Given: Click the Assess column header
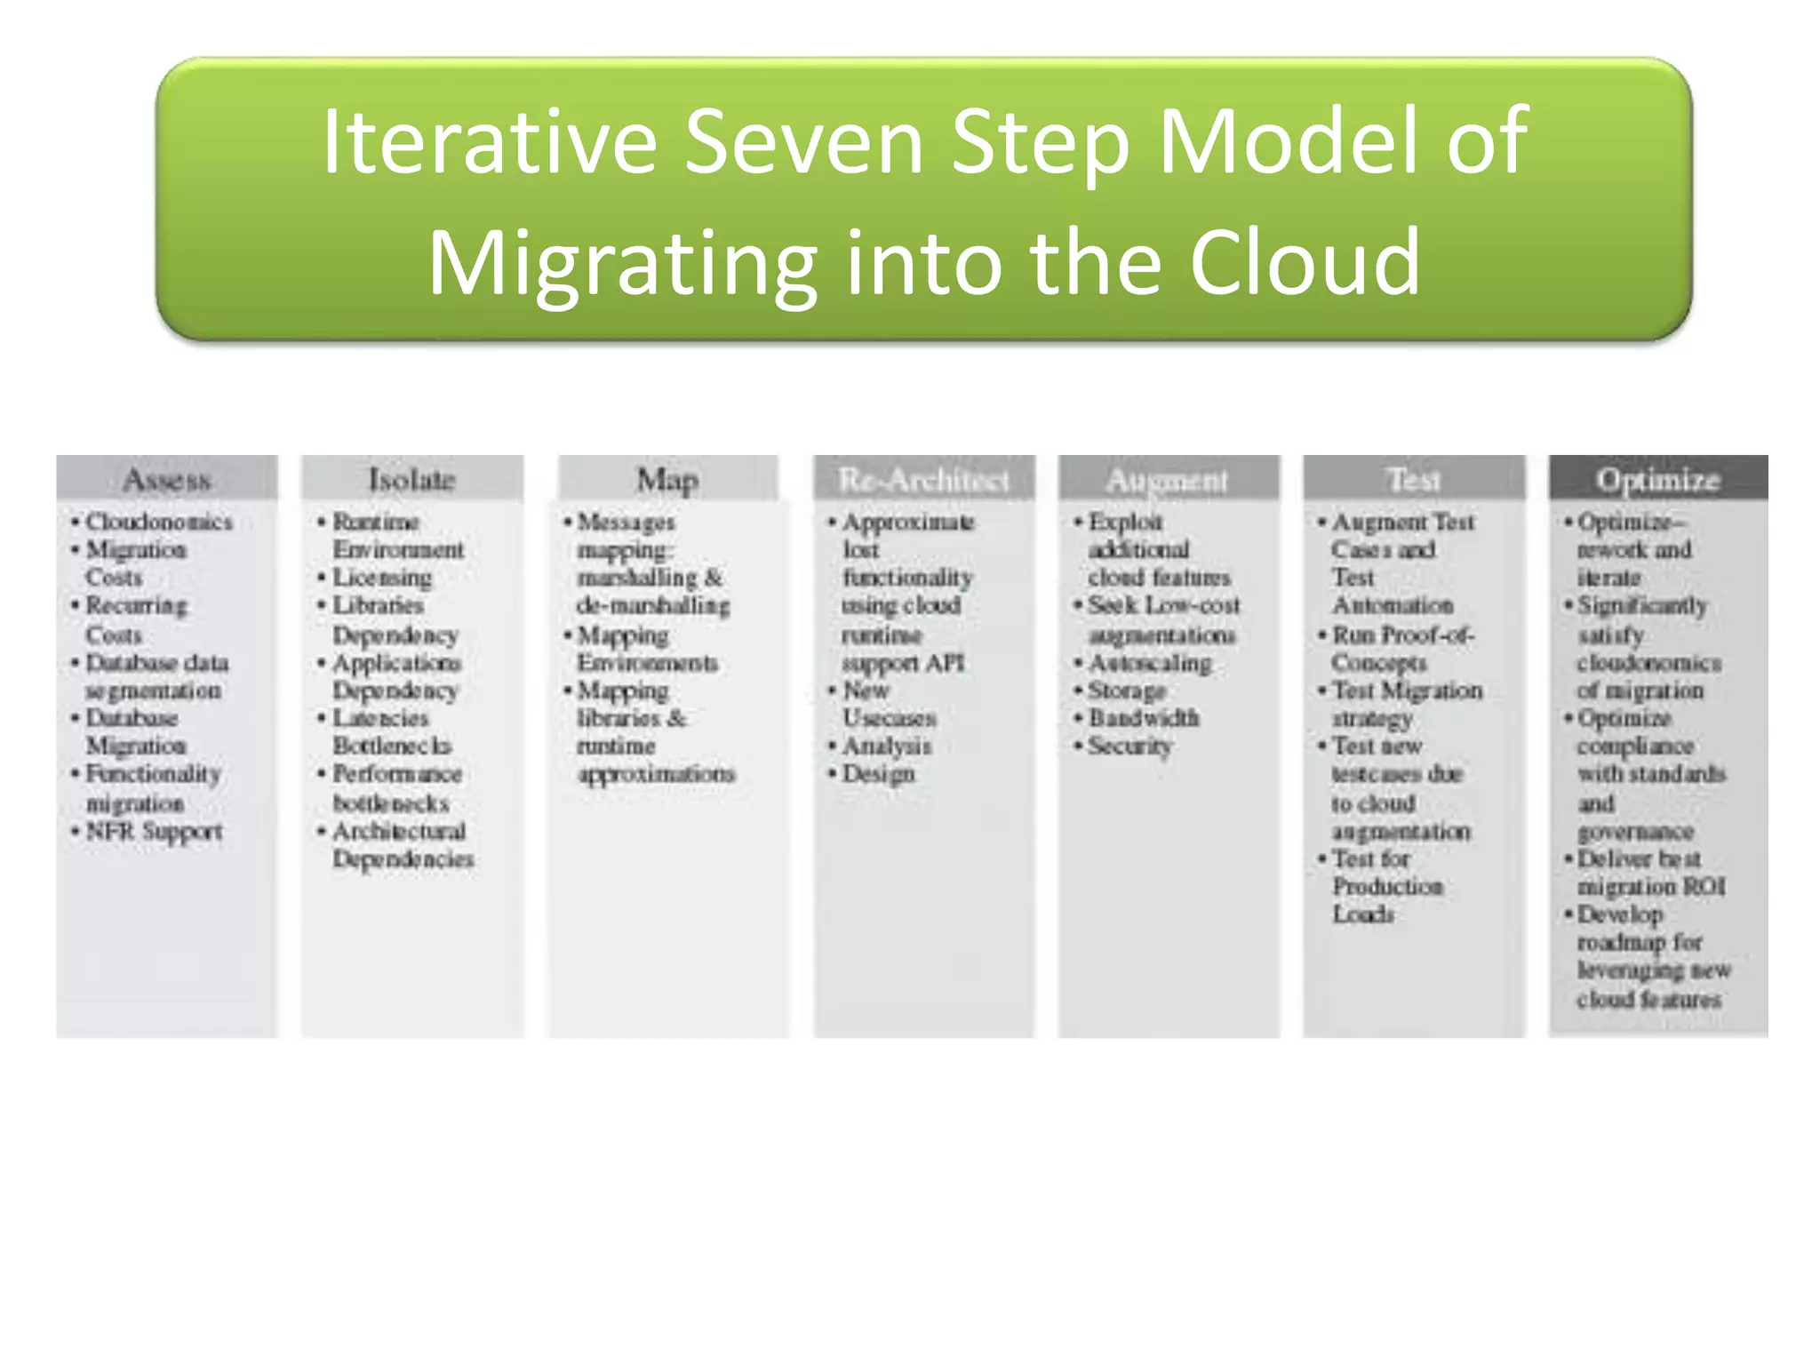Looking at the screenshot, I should [x=167, y=480].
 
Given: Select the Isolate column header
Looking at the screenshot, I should [x=411, y=480].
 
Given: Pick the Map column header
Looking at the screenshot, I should [x=667, y=480].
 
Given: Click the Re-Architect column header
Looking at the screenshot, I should [x=923, y=480].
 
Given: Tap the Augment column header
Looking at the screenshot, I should [x=1167, y=480].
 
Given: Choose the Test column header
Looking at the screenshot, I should [x=1413, y=480].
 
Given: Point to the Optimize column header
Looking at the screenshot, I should [x=1657, y=480].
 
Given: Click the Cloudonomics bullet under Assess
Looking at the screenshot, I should [x=158, y=522].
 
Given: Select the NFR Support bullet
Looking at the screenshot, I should [x=154, y=832].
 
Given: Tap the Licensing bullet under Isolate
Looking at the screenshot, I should [x=382, y=578].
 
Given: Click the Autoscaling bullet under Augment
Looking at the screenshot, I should [x=1150, y=663].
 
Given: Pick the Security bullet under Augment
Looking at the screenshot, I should [x=1130, y=746].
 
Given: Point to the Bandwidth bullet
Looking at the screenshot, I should [x=1144, y=718].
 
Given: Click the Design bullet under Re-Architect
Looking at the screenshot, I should [x=878, y=774].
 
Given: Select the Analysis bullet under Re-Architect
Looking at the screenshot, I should [x=886, y=746].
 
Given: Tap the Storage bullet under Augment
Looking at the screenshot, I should [x=1127, y=690].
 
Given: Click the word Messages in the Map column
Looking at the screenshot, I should [x=626, y=522].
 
